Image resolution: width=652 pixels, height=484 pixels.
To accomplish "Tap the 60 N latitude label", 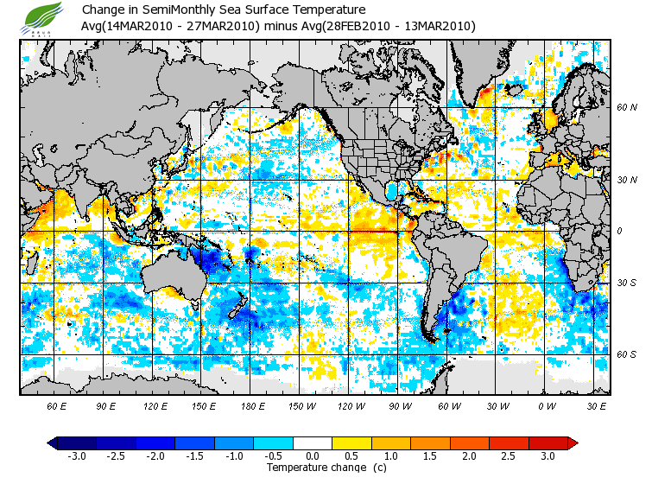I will click(626, 108).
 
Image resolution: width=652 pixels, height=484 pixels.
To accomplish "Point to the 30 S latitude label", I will click(626, 283).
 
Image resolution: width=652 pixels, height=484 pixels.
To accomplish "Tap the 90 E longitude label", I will click(106, 406).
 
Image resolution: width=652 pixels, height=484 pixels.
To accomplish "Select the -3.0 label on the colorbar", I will click(76, 455).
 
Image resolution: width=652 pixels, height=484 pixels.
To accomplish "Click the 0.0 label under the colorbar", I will click(313, 455).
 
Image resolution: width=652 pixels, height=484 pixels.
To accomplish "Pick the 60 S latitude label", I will click(626, 353).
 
